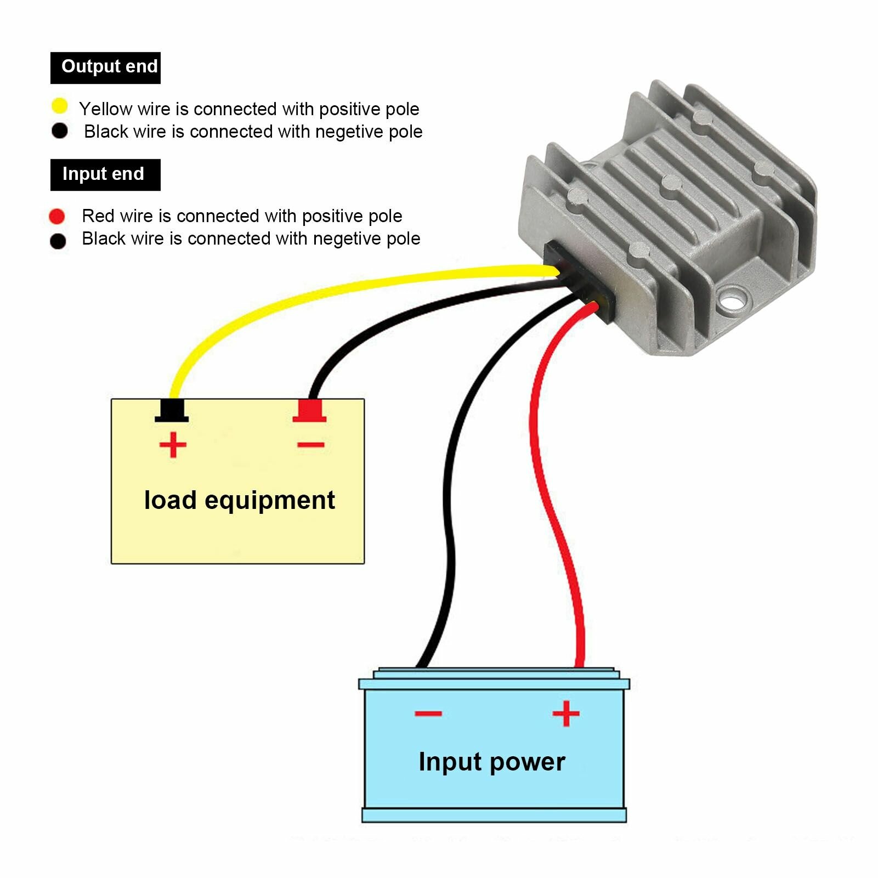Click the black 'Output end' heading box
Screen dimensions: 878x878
[x=105, y=68]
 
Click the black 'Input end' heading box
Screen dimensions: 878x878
[x=105, y=175]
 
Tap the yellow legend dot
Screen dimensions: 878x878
[x=59, y=106]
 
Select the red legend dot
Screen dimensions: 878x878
[x=57, y=217]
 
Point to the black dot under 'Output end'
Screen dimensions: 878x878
[x=59, y=131]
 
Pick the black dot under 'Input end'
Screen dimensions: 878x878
[x=58, y=241]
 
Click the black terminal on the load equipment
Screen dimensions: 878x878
[x=172, y=411]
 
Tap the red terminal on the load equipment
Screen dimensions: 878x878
[x=309, y=411]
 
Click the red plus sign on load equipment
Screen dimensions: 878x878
[x=173, y=445]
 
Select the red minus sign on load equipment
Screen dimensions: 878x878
[x=311, y=445]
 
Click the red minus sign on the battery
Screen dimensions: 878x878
[x=428, y=713]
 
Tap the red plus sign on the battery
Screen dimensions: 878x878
[x=566, y=713]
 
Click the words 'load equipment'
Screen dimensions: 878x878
[x=240, y=500]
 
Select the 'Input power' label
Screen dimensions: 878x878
[x=492, y=762]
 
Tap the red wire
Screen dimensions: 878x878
[x=549, y=483]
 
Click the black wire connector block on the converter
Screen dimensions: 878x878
[x=580, y=282]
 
